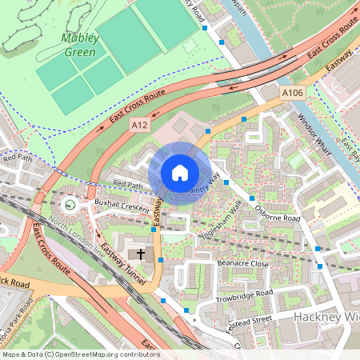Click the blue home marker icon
point(180,172)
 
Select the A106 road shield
point(293,94)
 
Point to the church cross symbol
point(142,254)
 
